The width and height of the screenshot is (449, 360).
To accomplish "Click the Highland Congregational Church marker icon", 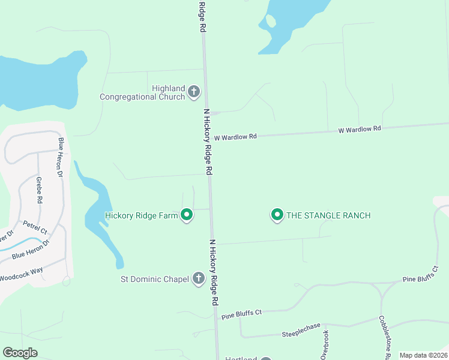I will coord(193,92).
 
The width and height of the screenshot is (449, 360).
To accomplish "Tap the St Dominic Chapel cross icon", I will coord(199,278).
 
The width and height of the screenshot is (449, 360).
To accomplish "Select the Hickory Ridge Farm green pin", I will coord(187,214).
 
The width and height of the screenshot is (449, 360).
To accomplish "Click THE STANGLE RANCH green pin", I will coord(277,214).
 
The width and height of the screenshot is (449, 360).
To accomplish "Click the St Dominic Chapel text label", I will coord(155,278).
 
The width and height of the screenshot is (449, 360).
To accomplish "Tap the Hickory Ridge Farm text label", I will coord(142,215).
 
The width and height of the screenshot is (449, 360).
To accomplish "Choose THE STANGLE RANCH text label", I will coord(328,215).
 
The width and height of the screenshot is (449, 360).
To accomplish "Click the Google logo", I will coord(20,353).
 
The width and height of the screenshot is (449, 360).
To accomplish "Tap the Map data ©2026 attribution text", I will coord(423,355).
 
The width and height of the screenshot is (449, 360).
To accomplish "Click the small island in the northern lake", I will coord(271,21).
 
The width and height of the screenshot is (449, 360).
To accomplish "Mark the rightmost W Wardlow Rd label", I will coord(360,129).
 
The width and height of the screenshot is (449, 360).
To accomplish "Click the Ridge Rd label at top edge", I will coord(202,16).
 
